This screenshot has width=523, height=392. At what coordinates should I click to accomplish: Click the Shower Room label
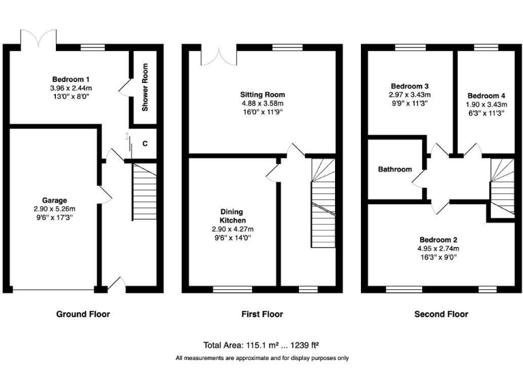click(145, 88)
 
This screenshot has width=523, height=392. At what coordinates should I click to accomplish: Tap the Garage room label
click(54, 200)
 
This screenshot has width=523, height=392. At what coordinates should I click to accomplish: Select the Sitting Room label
click(262, 95)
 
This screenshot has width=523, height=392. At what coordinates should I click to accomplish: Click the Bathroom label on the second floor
click(395, 169)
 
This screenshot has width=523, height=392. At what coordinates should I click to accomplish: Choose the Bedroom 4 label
click(487, 95)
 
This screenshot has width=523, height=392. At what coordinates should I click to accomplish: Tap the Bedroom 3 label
click(409, 86)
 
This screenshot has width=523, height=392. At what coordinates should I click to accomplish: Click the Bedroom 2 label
click(438, 240)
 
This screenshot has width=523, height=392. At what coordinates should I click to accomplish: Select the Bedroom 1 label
click(72, 79)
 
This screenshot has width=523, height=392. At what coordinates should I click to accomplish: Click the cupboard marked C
click(145, 144)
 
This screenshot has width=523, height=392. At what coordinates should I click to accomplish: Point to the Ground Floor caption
click(82, 314)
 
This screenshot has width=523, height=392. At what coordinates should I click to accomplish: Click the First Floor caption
click(261, 314)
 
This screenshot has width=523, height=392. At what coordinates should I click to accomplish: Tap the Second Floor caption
click(441, 314)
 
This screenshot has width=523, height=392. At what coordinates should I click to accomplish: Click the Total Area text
click(261, 344)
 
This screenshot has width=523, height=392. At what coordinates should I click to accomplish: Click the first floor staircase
click(323, 204)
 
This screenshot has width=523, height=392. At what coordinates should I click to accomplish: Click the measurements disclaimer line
click(261, 358)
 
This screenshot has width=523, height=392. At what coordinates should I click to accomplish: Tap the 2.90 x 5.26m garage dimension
click(54, 209)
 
